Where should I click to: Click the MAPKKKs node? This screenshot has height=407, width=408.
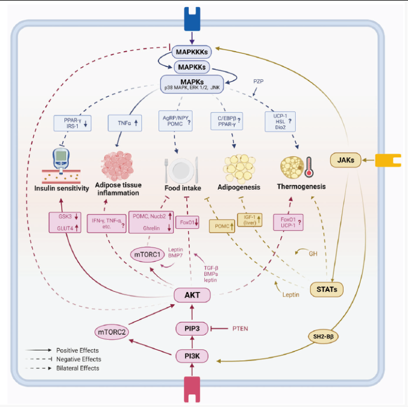click(191, 53)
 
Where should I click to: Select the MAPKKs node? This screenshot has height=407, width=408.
click(191, 67)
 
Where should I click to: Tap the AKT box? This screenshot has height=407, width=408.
click(192, 295)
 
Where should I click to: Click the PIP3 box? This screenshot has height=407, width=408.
click(192, 329)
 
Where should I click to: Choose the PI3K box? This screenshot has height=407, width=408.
click(192, 358)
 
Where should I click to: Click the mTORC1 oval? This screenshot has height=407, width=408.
click(149, 255)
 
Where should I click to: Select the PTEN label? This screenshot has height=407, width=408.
click(241, 329)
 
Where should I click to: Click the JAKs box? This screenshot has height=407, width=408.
click(345, 161)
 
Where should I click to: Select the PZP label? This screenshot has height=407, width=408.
click(259, 81)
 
